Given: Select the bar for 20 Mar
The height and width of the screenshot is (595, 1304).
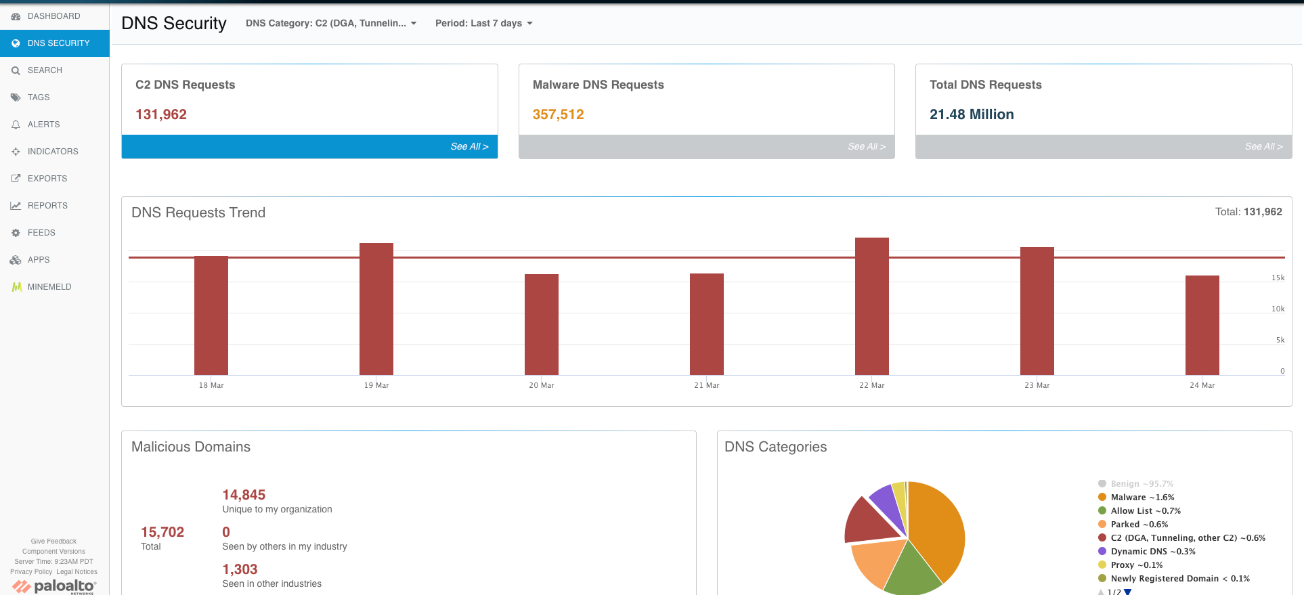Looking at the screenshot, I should tap(541, 324).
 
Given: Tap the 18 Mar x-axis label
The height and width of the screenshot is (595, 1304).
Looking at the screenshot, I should tap(211, 385).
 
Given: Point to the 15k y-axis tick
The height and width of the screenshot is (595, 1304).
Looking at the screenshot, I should tap(1278, 278).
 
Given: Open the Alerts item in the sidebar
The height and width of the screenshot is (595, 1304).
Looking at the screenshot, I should tap(43, 125).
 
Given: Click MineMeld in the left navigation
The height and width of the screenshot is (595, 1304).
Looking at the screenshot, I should tap(49, 287).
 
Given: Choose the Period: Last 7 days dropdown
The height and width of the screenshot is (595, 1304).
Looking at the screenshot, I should tap(483, 23).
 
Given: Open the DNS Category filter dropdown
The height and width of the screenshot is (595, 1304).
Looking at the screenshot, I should tap(330, 23).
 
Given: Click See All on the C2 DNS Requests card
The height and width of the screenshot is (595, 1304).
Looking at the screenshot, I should tap(469, 147).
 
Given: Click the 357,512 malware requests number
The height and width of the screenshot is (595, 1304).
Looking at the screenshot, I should tap(558, 114).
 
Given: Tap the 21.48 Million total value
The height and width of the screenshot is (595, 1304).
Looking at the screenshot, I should tap(971, 114).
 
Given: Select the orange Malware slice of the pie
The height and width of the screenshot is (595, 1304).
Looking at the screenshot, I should tap(938, 528).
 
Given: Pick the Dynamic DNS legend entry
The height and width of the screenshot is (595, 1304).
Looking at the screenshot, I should tap(1152, 552).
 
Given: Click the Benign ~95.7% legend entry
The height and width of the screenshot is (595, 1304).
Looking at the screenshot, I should tap(1142, 484).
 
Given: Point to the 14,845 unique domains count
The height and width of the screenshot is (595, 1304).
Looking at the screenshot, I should tap(244, 495).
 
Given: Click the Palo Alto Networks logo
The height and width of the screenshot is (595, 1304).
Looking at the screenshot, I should tap(54, 586).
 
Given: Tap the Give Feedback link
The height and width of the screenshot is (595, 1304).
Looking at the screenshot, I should tap(53, 542).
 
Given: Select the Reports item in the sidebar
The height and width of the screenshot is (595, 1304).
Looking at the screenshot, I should tap(47, 206).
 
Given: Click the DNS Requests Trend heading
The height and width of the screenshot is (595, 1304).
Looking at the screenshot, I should tap(198, 213).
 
